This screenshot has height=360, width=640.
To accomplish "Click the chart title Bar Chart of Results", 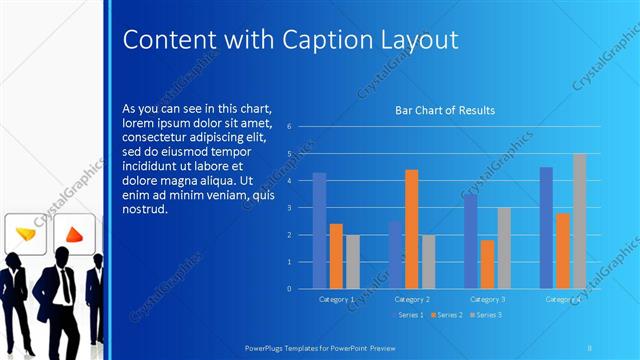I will pos(446,110).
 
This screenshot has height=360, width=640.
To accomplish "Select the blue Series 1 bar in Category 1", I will pos(319,230).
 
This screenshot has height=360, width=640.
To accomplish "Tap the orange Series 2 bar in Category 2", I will pos(411,229).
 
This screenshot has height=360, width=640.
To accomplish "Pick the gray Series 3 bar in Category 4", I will pos(579,221).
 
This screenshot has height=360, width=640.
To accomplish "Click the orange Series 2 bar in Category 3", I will pos(487,264).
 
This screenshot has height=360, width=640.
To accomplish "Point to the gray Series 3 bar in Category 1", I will pos(352,261).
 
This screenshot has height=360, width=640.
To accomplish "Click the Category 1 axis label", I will pos(336,299).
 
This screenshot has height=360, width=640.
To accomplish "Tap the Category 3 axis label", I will pos(487,299).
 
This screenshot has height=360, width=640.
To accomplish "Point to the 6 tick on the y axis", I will pos(288,127).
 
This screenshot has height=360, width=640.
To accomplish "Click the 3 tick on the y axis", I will pos(288,208).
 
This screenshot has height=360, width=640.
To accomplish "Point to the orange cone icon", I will pos(73,235).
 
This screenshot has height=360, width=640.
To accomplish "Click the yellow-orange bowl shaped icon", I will pos(26,234).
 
